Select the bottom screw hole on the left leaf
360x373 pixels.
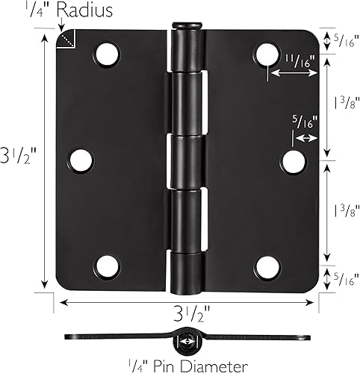click(108, 265)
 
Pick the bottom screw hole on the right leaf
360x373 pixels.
click(267, 265)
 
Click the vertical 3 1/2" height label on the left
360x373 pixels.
click(19, 159)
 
